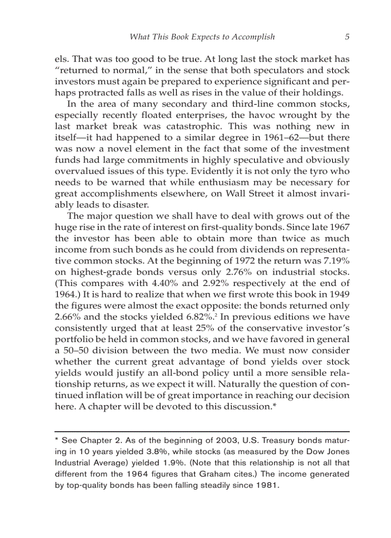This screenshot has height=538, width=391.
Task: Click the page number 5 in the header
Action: (x=346, y=37)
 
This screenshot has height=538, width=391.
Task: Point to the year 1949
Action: (x=340, y=294)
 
